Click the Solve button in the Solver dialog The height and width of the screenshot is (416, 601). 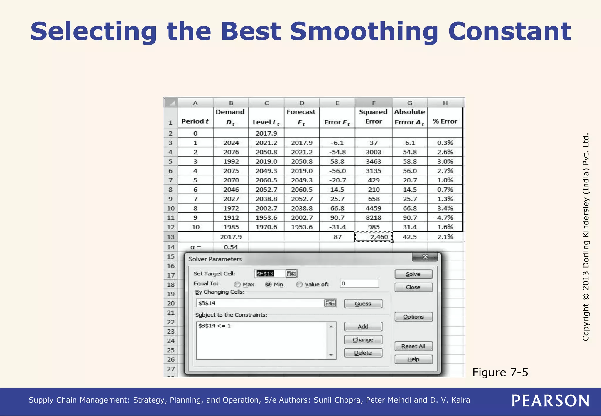tap(413, 274)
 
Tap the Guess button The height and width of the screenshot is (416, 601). tap(363, 304)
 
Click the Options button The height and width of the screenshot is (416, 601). tap(413, 317)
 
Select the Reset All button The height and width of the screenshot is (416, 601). tap(413, 346)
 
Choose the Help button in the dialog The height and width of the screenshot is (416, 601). tap(413, 359)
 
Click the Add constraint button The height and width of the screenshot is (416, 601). tap(363, 327)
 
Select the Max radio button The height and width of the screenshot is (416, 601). tap(237, 285)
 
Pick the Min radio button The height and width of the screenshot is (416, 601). tap(268, 285)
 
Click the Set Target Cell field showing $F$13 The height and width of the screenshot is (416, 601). tap(269, 274)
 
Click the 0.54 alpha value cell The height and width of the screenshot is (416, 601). tap(231, 247)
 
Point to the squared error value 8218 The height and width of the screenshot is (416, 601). tap(374, 218)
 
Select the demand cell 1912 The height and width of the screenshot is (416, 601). tap(231, 218)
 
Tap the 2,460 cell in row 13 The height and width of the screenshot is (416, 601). tap(374, 237)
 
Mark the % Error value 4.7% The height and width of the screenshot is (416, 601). tap(445, 218)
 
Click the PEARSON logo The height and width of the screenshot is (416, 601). tap(551, 401)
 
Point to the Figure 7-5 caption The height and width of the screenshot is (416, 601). tap(500, 373)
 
